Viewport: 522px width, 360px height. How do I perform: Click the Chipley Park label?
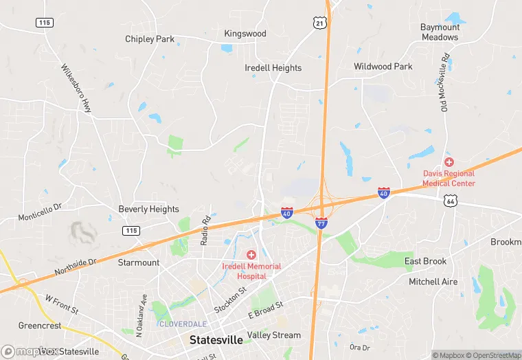(x=150, y=39)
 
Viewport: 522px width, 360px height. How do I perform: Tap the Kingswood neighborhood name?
(x=245, y=33)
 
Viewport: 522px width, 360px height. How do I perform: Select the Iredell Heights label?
(x=273, y=68)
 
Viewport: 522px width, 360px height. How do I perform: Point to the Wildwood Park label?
(x=383, y=67)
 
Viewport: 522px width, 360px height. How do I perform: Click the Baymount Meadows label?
(x=440, y=32)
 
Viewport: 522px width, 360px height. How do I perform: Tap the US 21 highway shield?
(x=320, y=23)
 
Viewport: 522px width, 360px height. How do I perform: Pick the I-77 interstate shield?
(x=321, y=223)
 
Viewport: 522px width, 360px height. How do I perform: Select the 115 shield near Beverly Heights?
(x=131, y=230)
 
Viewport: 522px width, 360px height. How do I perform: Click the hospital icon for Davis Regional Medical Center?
(x=449, y=162)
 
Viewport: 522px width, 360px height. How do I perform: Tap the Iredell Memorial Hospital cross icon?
(x=251, y=255)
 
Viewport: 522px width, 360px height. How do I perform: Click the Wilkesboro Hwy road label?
(x=77, y=89)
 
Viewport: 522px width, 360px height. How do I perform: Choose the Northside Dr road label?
(x=76, y=267)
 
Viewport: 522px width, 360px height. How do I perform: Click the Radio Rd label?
(x=204, y=231)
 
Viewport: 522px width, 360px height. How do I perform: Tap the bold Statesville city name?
(x=215, y=340)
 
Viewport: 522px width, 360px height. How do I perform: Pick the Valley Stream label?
(x=274, y=335)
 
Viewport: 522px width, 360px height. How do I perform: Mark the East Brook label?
(x=425, y=261)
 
